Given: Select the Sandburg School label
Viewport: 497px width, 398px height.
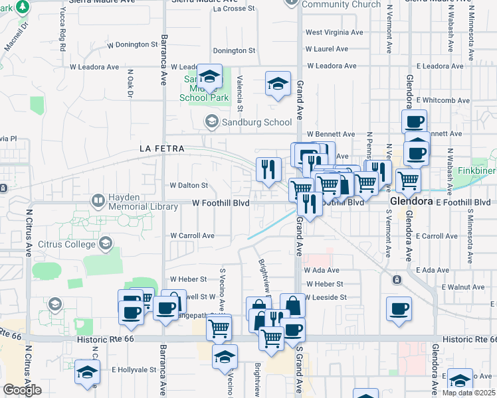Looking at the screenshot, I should point(256,122).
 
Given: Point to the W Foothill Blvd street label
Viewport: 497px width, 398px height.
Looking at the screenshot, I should point(221,203).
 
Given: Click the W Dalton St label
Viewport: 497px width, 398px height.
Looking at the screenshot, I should point(189,186).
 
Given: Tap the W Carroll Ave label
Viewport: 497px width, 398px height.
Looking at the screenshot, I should point(192,235).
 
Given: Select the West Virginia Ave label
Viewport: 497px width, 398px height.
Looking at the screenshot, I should point(334,32).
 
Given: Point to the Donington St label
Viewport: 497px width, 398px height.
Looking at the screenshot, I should point(234,50).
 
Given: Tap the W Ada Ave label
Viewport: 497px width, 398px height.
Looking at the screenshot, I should point(322,271).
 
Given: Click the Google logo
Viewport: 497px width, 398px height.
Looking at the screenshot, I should point(22,390).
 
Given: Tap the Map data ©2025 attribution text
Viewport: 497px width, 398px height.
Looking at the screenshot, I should point(468,393).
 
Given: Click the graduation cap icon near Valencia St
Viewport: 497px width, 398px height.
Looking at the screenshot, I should point(278,84).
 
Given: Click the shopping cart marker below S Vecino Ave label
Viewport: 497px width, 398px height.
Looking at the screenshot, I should point(219,328).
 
